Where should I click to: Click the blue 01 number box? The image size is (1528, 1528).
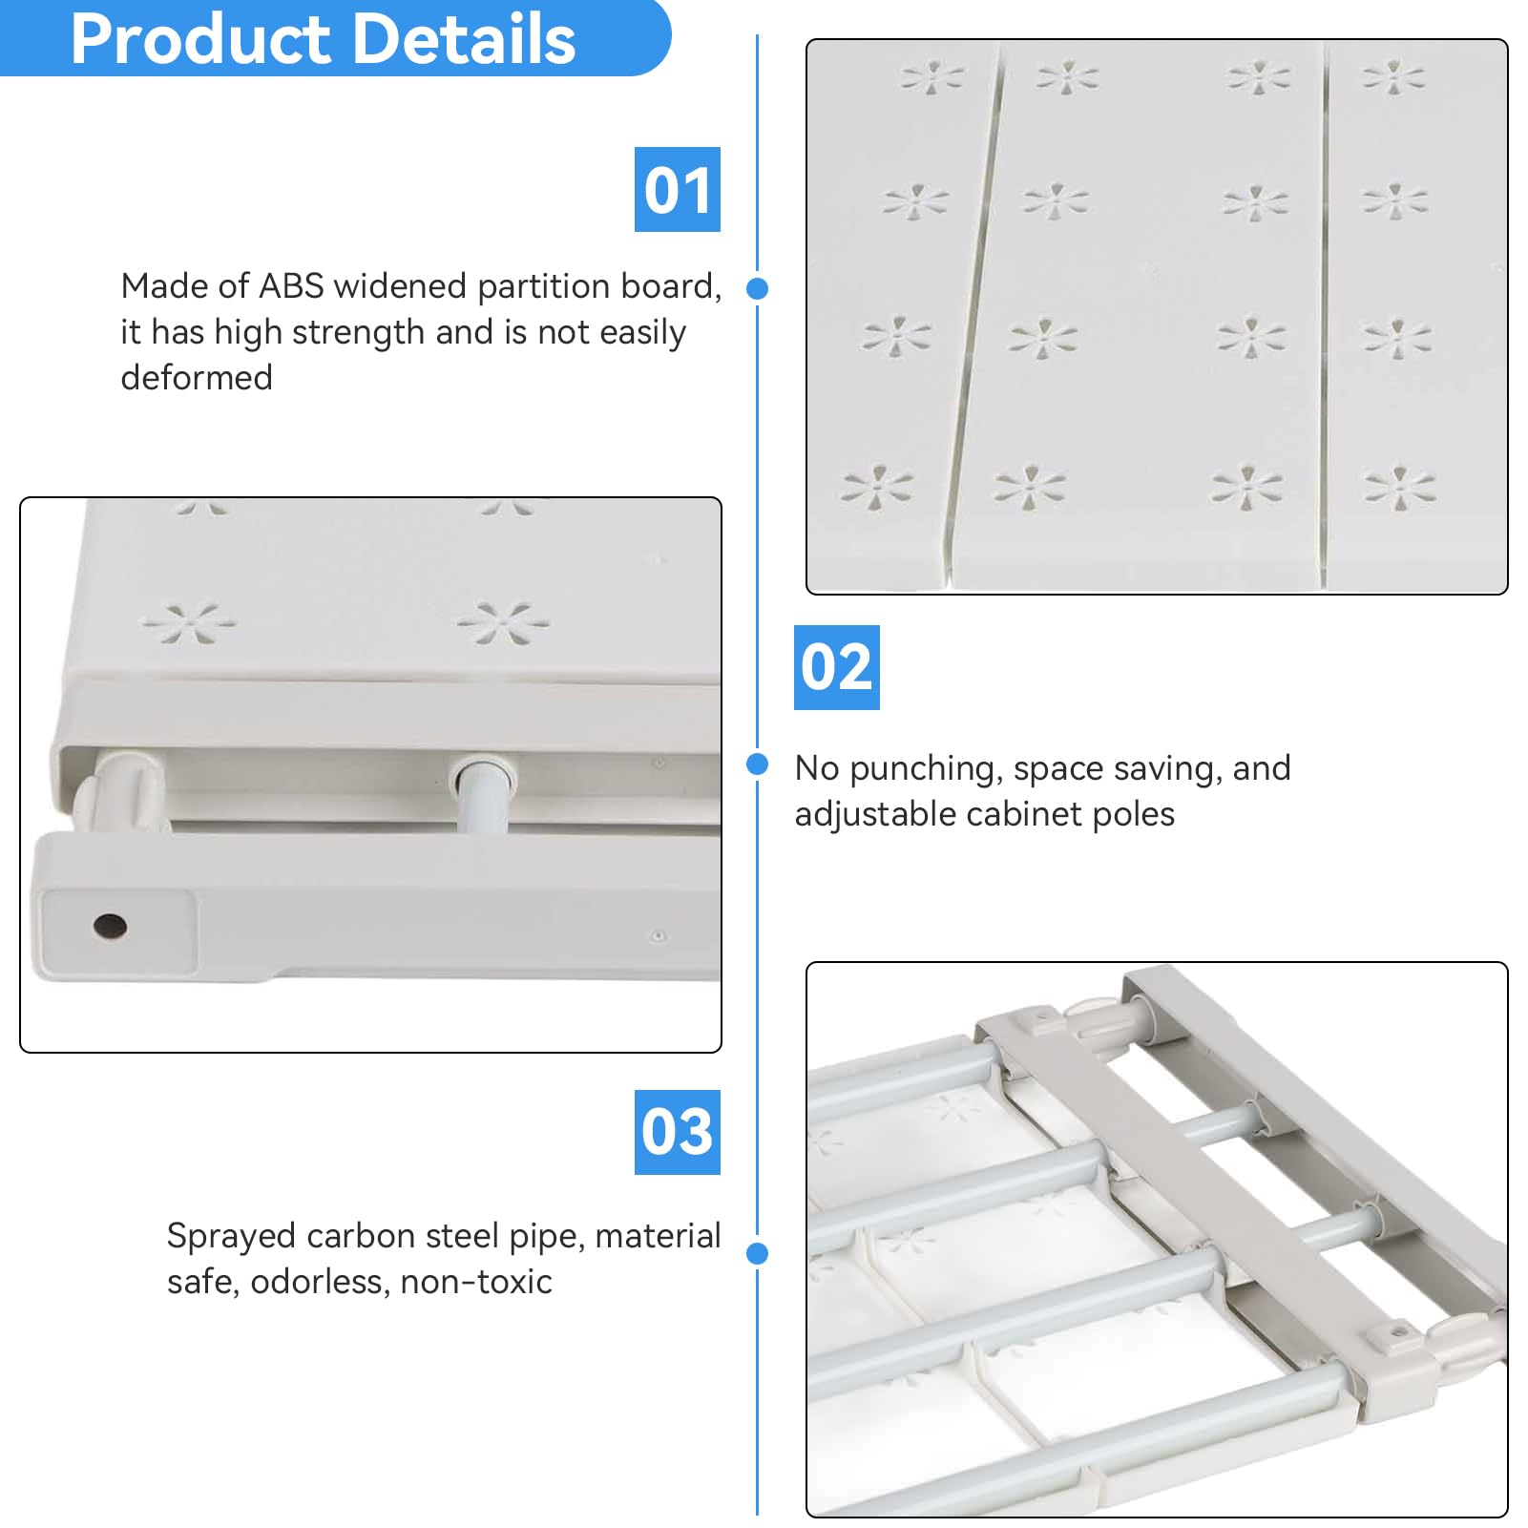coord(677,189)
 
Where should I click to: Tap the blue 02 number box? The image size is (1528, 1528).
coord(836,667)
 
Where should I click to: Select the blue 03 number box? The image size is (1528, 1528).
coord(677,1132)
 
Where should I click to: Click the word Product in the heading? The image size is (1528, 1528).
coord(199,40)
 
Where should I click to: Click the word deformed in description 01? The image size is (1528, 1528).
coord(197,378)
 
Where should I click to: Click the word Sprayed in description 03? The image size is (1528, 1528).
coord(231,1237)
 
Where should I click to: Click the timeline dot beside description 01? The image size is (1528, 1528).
coord(758,288)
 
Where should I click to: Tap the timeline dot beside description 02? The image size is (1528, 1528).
coord(758,764)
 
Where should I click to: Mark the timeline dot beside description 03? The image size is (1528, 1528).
coord(758,1253)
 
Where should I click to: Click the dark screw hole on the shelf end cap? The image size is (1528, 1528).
coord(110,925)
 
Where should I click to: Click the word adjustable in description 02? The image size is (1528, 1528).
coord(875,815)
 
